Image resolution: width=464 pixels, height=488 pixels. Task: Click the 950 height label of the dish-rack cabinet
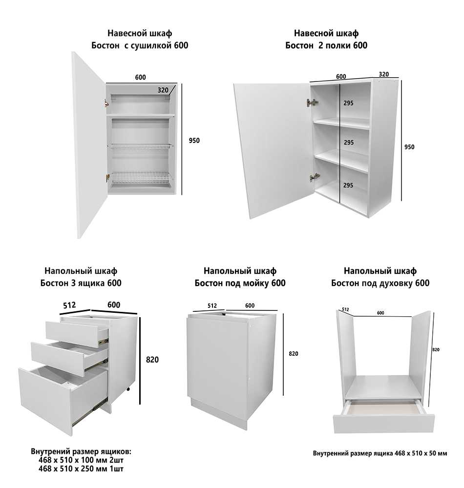click(194, 141)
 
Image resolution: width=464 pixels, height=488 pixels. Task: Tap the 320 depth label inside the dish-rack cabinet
click(163, 90)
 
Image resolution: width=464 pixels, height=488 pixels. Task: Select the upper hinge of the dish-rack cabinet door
click(106, 103)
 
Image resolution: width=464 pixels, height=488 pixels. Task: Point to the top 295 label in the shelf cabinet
click(348, 103)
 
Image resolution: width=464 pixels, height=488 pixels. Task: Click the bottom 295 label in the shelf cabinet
click(348, 185)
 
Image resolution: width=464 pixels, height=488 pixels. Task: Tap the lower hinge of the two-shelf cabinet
click(315, 177)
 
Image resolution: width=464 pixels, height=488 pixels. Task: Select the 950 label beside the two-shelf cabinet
click(409, 147)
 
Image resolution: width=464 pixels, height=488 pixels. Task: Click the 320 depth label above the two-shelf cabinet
click(384, 74)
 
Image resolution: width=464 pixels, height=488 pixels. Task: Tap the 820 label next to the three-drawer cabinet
click(152, 360)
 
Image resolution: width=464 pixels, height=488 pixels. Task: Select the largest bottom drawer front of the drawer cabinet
click(45, 402)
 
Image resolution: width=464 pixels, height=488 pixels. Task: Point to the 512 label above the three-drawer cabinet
click(69, 305)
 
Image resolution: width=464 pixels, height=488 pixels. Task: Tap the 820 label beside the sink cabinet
click(294, 353)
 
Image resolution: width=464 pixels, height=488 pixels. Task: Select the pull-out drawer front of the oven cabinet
click(384, 423)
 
